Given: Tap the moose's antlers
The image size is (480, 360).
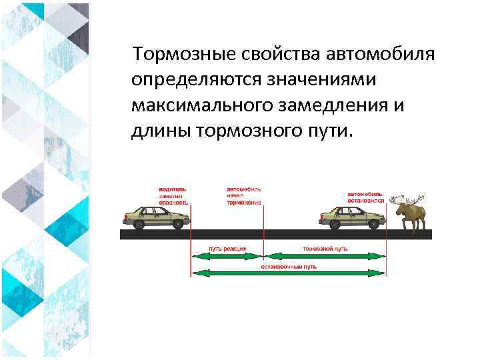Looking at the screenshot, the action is coord(408,199).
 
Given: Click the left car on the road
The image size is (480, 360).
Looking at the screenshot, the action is coord(155,217).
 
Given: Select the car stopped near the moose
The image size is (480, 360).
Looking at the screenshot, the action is coord(351,217).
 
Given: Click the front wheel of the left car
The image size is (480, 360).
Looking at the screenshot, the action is coord(177,225).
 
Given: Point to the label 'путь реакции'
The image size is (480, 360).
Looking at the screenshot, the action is coord(227,248).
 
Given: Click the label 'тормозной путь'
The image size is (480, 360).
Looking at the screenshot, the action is coord(325,248).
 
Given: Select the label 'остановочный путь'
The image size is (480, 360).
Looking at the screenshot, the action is coord(288,265).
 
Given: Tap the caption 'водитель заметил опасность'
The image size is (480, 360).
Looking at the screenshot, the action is coord(173,195).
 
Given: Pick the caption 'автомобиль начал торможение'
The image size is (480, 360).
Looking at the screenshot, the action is coord(244,195).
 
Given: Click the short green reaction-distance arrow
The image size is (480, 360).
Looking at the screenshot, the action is coord(227,255).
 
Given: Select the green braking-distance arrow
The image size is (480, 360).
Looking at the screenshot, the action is coord(325,255).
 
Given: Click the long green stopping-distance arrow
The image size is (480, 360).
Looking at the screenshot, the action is coord(289,273).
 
